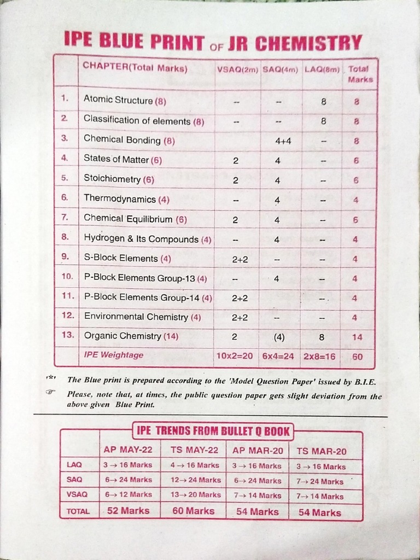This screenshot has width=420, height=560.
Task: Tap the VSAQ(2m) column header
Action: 237,69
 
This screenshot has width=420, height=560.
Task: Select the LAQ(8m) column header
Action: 322,69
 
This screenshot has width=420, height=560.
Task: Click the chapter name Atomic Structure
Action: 118,100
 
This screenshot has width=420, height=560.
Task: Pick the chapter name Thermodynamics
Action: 120,199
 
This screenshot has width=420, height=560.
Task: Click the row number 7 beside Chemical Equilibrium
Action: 65,217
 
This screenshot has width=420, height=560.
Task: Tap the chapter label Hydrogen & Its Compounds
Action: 141,239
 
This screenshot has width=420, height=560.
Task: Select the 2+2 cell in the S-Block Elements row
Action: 240,259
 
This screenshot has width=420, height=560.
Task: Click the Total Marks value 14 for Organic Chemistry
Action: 357,337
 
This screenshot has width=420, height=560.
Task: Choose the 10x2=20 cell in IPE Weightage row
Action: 235,355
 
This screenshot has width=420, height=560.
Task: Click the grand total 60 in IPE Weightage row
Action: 357,356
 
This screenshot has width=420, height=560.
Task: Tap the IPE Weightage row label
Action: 114,355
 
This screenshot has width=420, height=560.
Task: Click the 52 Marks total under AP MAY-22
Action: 129,511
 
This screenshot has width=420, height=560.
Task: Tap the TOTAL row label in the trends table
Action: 78,511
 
